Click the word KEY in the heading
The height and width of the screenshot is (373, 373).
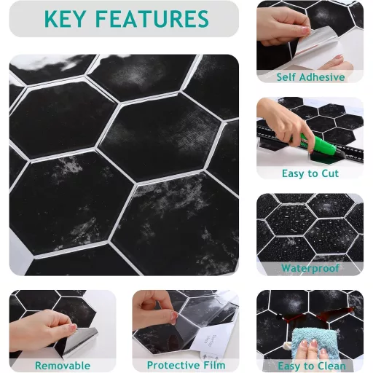[x=65, y=19]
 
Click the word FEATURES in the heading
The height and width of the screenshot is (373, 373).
[x=152, y=19]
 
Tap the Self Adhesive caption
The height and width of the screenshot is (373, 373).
[x=310, y=77]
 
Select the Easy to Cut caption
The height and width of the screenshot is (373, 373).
[x=310, y=173]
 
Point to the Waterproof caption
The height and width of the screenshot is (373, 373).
[x=310, y=268]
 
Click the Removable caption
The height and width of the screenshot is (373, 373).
[x=63, y=366]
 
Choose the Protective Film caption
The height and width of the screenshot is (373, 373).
[x=186, y=365]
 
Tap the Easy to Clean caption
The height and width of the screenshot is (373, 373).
[x=312, y=366]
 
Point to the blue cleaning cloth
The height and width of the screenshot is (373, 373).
[x=315, y=344]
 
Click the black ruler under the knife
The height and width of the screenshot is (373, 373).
[x=311, y=144]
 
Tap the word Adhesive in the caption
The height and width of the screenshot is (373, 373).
[x=322, y=77]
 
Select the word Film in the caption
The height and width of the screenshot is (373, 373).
[x=214, y=365]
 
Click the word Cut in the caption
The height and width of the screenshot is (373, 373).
[x=330, y=173]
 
